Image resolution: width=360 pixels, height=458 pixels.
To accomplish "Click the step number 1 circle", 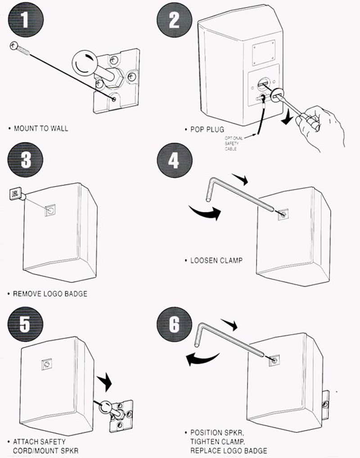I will coord(26,20).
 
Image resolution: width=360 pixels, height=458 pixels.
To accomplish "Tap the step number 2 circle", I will coord(174,20).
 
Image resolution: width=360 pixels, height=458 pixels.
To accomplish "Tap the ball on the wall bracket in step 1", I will coord(85,62).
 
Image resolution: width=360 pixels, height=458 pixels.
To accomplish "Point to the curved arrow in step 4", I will coord(205,211).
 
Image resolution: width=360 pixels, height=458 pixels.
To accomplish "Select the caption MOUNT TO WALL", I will coord(41,128).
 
